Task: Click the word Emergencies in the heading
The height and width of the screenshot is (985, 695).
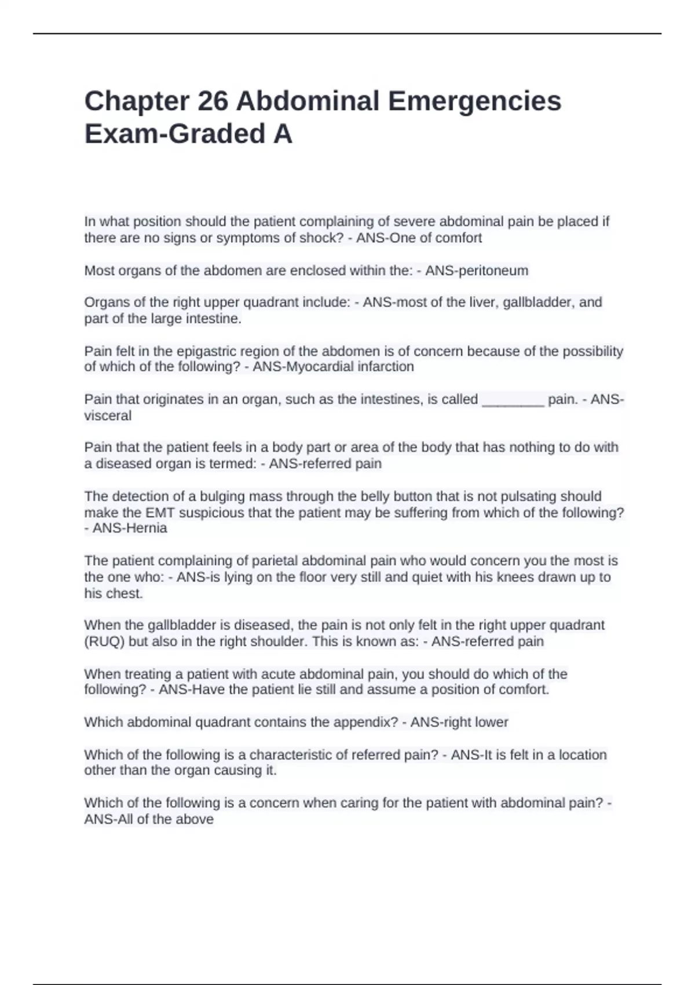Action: (474, 101)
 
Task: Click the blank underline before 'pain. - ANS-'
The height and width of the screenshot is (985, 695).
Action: (513, 400)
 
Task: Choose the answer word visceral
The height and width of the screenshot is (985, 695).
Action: (108, 416)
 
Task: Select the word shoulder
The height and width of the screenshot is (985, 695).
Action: (281, 642)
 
